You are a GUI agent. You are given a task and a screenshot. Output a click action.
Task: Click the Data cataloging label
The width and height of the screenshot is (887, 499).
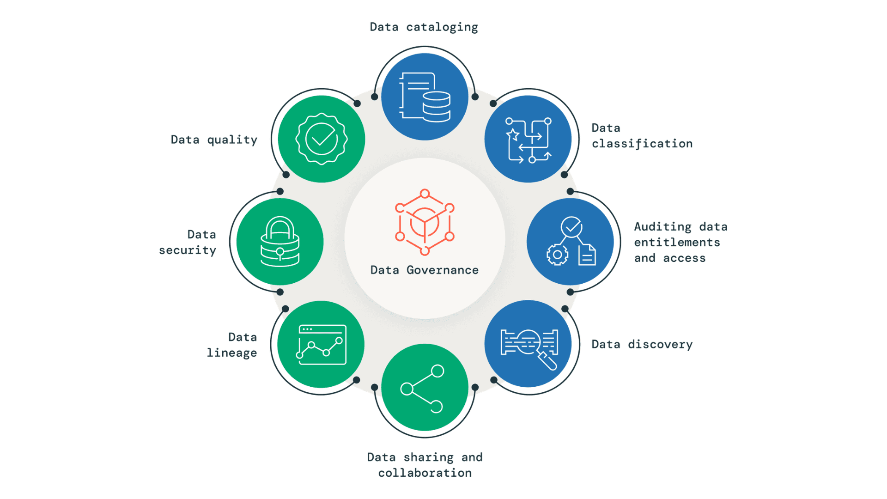click(x=424, y=27)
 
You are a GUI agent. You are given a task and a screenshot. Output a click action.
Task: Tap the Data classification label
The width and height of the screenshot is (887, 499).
click(x=642, y=136)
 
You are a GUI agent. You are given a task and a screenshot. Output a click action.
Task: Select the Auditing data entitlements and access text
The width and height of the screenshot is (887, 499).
click(x=680, y=242)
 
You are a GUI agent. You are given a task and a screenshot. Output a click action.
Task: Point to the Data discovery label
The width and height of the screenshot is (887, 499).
click(x=642, y=344)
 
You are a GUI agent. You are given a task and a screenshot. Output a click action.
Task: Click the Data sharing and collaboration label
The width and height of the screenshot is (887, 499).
click(x=425, y=465)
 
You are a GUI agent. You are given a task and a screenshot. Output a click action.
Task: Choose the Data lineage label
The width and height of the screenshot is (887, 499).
click(x=232, y=345)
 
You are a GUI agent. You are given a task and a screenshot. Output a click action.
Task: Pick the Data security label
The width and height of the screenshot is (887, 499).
click(x=188, y=242)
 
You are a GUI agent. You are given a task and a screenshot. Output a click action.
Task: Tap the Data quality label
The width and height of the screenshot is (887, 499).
click(x=214, y=140)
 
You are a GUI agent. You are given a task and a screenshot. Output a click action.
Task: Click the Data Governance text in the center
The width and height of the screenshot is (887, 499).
click(x=425, y=270)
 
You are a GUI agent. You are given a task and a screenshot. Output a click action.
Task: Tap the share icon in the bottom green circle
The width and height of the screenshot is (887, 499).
click(x=422, y=389)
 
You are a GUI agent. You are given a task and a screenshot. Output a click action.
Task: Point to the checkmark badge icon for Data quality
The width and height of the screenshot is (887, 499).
click(x=322, y=139)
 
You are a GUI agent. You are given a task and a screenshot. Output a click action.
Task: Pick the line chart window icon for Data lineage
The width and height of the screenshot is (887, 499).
click(x=322, y=345)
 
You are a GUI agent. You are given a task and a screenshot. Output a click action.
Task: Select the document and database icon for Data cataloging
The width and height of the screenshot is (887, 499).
click(x=425, y=97)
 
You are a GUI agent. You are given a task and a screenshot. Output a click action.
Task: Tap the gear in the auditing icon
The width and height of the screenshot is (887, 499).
click(x=558, y=255)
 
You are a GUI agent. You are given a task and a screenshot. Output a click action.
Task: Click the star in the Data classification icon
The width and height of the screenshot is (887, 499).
click(x=513, y=134)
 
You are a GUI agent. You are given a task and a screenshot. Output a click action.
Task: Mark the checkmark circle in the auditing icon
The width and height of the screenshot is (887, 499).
click(x=571, y=226)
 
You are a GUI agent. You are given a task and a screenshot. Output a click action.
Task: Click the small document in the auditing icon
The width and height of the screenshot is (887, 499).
click(x=587, y=255)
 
